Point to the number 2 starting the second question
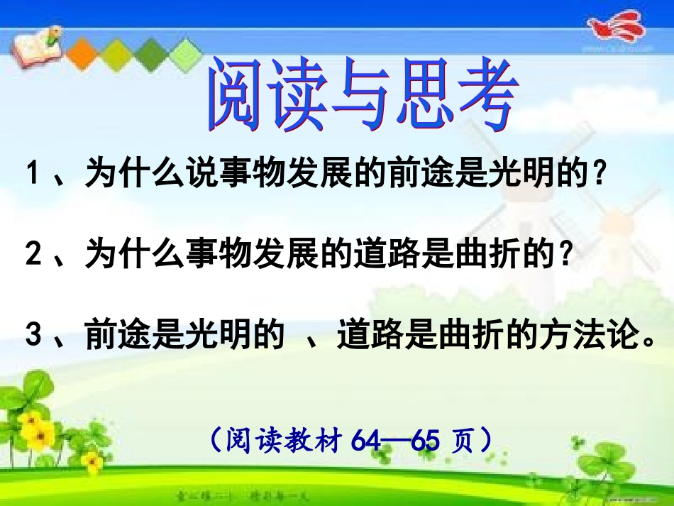[32, 253]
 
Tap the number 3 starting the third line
[32, 336]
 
